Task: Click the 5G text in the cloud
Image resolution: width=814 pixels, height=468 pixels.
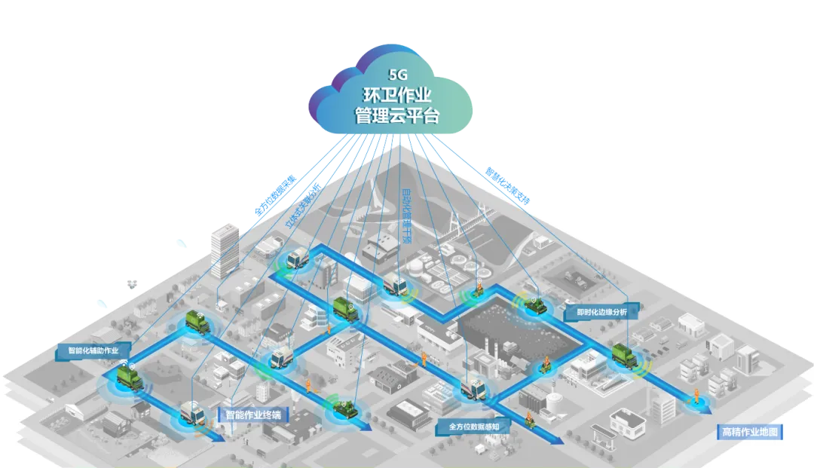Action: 397,75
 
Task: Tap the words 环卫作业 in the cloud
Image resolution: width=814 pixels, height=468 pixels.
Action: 397,96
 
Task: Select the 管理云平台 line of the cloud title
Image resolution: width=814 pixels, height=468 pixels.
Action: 397,117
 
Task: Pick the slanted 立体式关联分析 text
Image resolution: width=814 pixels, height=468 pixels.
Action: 303,203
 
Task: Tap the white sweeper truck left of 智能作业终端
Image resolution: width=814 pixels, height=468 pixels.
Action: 191,413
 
